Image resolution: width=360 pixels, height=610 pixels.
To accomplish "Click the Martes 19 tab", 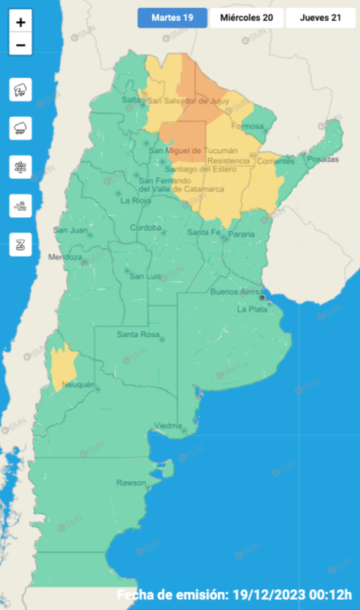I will tap(172, 18).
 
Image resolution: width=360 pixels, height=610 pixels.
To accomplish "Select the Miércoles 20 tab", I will tap(246, 18).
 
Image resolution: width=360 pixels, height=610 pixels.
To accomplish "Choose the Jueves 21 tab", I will tap(320, 18).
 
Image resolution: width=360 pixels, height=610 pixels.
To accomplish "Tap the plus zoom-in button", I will tap(21, 23).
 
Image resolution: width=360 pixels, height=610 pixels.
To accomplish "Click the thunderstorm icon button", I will tap(21, 90).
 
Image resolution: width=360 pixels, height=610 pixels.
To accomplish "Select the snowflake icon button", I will tap(21, 167).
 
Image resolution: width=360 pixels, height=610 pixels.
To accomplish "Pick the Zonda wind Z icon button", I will tap(21, 244).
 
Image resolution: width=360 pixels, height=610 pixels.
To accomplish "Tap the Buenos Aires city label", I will tap(234, 292).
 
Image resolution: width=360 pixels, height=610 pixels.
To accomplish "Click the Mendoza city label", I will tap(65, 258).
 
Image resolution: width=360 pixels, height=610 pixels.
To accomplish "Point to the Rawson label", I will tap(130, 483).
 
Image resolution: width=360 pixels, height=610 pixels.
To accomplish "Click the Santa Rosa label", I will tap(138, 335).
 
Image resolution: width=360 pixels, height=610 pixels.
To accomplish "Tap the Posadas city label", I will tap(322, 160).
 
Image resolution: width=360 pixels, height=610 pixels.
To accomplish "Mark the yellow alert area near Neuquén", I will tap(63, 366).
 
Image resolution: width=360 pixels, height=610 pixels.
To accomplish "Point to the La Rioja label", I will tap(133, 201).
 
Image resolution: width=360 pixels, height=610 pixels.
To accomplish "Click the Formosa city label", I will tap(247, 127).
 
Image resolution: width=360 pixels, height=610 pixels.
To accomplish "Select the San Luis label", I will tap(145, 276).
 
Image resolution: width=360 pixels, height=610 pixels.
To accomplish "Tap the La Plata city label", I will tap(252, 309).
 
